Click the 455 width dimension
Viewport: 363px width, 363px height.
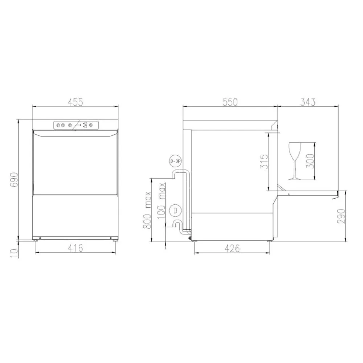76,102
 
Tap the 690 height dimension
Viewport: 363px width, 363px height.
14,179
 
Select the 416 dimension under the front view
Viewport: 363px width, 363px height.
76,248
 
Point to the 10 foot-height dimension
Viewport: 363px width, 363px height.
14,252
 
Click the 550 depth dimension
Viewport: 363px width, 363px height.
230,102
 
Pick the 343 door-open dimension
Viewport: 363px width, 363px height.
307,102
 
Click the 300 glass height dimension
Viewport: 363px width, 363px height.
309,161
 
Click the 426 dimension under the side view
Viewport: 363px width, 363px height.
232,248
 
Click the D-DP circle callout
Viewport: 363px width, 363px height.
175,160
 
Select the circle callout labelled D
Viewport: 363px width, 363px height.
175,210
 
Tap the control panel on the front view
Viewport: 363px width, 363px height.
76,125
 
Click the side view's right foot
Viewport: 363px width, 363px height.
270,241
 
